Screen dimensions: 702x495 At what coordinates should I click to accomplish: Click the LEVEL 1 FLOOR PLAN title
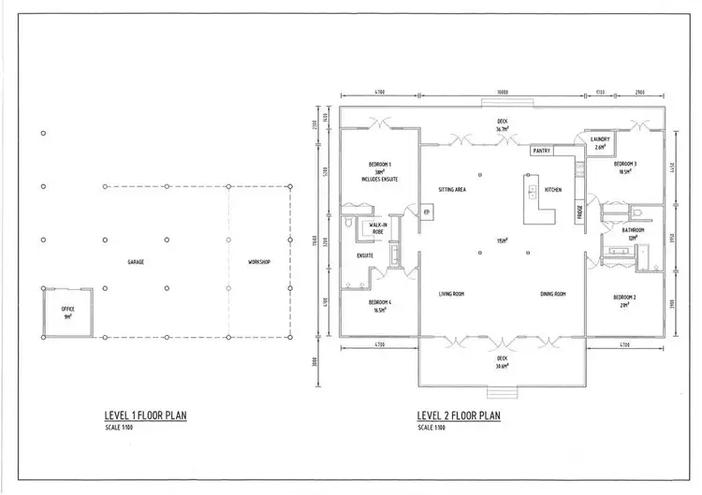pos(145,415)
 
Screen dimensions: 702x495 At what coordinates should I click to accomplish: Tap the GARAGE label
pos(136,262)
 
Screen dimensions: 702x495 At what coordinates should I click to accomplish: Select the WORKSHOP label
pos(258,262)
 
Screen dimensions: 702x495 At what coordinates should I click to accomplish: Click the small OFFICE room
pos(67,312)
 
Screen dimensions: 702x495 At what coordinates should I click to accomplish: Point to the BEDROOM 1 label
pos(379,164)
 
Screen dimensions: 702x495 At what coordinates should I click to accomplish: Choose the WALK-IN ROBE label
pos(379,228)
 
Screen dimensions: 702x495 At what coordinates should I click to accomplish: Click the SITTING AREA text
pos(453,190)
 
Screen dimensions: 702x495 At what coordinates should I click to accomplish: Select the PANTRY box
pos(541,150)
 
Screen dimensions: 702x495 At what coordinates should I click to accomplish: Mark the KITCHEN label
pos(553,190)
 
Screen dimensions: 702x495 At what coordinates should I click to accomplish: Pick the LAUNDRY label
pos(600,139)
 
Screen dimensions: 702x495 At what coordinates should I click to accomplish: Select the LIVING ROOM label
pos(453,294)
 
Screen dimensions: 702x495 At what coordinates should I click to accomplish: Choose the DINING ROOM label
pos(553,294)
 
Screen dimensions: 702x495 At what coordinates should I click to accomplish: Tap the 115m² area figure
pos(503,240)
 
